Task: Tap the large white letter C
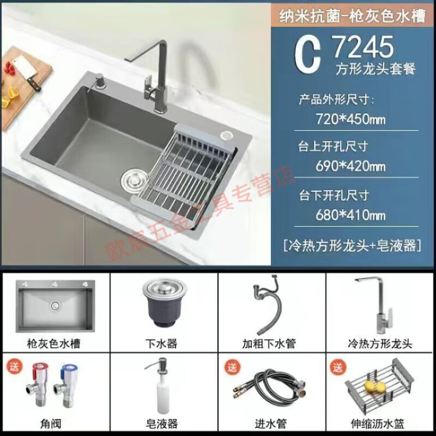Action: coord(308,56)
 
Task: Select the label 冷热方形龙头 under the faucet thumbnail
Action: coord(380,343)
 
